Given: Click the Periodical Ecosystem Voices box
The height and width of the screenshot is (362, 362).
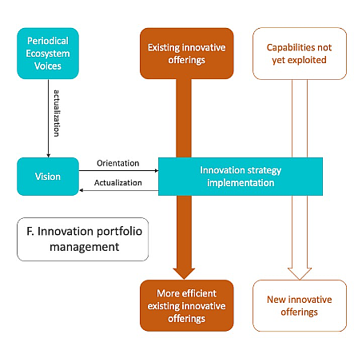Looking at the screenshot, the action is click(48, 54).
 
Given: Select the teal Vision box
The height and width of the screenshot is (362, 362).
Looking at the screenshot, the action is click(48, 177).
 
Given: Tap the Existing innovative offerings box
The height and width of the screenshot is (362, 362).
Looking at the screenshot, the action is click(187, 54).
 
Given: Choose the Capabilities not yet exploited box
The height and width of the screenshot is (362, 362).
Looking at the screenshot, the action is click(300, 54).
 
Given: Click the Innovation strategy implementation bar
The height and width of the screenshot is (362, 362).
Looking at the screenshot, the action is click(241, 177).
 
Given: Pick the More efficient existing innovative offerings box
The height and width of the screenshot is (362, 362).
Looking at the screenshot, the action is click(187, 305).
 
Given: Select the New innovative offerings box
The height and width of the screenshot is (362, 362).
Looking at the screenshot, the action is click(300, 305).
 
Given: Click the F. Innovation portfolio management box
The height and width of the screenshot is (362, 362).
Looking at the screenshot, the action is click(83, 239).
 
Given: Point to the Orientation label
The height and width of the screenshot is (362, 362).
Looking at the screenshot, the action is click(118, 163).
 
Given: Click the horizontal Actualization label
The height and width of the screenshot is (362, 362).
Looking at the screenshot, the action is click(118, 183).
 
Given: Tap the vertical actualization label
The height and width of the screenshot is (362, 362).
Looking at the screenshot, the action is click(57, 113).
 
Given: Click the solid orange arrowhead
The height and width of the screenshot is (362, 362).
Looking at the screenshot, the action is click(184, 273).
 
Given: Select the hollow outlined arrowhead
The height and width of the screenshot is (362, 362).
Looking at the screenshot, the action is click(300, 273).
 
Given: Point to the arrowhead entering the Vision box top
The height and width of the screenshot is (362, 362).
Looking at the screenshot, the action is click(48, 156).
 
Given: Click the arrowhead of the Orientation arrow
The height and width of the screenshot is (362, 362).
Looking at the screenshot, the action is click(157, 170).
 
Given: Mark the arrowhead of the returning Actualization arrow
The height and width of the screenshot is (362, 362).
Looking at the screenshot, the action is click(82, 190).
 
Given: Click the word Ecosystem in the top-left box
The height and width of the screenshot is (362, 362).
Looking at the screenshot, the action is click(48, 54).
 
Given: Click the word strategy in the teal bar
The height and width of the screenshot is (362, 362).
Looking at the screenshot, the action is click(265, 170).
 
